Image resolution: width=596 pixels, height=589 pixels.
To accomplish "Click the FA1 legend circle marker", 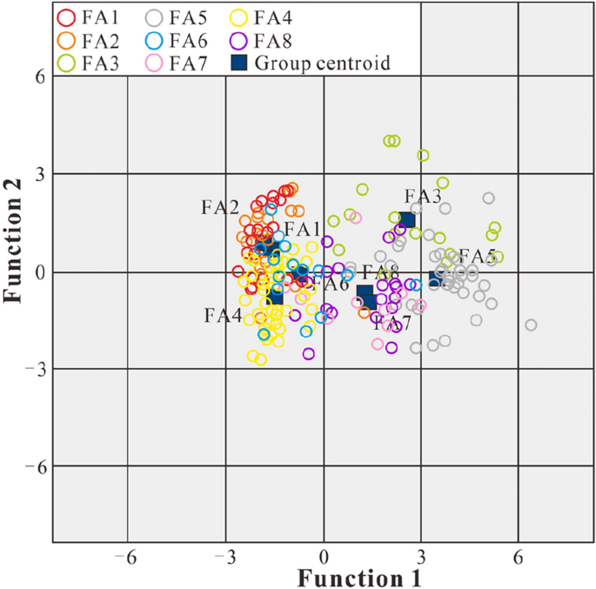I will pyautogui.click(x=65, y=16).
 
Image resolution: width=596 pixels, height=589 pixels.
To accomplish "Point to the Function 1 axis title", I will pyautogui.click(x=360, y=577).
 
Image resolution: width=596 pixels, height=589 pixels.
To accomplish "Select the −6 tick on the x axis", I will pyautogui.click(x=128, y=554).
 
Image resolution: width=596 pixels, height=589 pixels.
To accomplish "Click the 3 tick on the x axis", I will pyautogui.click(x=422, y=554).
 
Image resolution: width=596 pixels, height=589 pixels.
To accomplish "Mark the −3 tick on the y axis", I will pyautogui.click(x=35, y=370).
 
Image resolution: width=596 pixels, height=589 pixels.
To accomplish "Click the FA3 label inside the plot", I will pyautogui.click(x=423, y=196).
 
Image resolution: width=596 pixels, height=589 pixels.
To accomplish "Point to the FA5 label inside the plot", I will pyautogui.click(x=477, y=256).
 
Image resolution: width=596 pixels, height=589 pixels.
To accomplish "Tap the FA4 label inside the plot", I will pyautogui.click(x=223, y=315).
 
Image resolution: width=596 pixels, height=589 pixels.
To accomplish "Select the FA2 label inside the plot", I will pyautogui.click(x=220, y=207).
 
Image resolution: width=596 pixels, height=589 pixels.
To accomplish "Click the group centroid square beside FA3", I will pyautogui.click(x=406, y=219).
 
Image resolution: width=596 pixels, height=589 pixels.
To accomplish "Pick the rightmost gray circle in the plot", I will pyautogui.click(x=531, y=325).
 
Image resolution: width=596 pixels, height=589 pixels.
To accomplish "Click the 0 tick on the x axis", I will pyautogui.click(x=324, y=554).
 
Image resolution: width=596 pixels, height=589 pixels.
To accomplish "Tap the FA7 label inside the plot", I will pyautogui.click(x=392, y=324).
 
